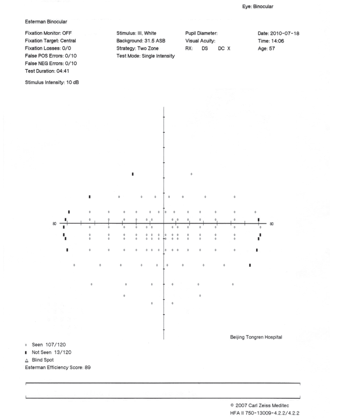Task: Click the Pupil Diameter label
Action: (x=203, y=33)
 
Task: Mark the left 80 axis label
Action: (x=54, y=223)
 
